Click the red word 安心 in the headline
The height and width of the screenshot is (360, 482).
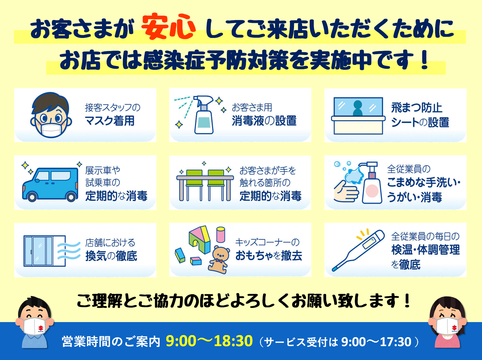pyautogui.click(x=168, y=27)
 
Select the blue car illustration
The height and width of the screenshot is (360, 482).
pyautogui.click(x=50, y=185)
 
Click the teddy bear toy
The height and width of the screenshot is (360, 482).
pyautogui.click(x=219, y=260)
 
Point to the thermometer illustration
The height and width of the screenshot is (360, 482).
pyautogui.click(x=358, y=251)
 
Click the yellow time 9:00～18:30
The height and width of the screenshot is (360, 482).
pyautogui.click(x=209, y=341)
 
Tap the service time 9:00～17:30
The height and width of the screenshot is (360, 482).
pyautogui.click(x=376, y=342)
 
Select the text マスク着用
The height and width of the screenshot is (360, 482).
pyautogui.click(x=109, y=121)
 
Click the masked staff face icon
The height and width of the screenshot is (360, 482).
pyautogui.click(x=51, y=115)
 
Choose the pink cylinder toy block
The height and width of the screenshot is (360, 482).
pyautogui.click(x=221, y=235)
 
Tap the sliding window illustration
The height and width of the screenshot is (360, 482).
pyautogui.click(x=45, y=251)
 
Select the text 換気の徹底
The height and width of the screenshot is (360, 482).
pyautogui.click(x=111, y=256)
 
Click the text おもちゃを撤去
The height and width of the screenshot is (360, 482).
pyautogui.click(x=269, y=255)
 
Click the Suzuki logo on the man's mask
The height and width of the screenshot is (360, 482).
pyautogui.click(x=41, y=328)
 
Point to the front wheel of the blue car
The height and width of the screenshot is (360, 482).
pyautogui.click(x=32, y=197)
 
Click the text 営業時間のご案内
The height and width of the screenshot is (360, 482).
pyautogui.click(x=111, y=341)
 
